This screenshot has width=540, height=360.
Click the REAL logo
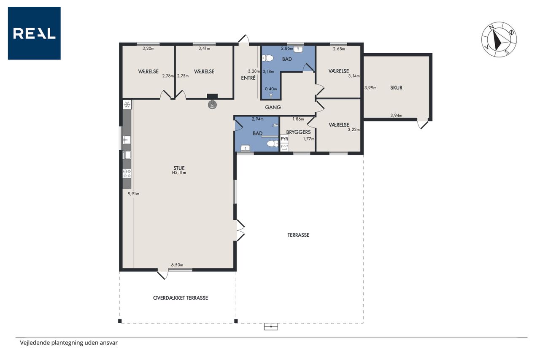click(34, 33)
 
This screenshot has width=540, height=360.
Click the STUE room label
click(179, 168)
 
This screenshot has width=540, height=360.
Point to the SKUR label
click(396, 88)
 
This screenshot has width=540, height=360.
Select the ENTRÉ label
click(248, 78)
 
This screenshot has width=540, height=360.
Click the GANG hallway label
click(273, 107)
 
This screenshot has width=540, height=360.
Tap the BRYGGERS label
click(298, 132)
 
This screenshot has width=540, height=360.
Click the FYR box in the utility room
click(284, 139)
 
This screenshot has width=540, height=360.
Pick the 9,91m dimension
click(134, 194)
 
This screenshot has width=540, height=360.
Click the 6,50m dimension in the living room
click(177, 265)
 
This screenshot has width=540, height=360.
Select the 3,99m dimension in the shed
click(370, 88)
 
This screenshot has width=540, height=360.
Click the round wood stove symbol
click(212, 105)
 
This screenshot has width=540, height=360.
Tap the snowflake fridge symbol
click(127, 105)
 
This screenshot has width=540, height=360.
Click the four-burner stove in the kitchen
click(127, 173)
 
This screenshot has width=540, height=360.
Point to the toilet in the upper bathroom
click(267, 58)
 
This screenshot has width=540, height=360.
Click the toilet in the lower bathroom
click(273, 144)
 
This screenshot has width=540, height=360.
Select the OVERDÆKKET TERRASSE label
click(181, 298)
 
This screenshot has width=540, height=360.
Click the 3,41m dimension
click(204, 49)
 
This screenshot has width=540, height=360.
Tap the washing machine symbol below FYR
click(284, 147)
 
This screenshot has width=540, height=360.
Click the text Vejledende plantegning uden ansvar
click(69, 343)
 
